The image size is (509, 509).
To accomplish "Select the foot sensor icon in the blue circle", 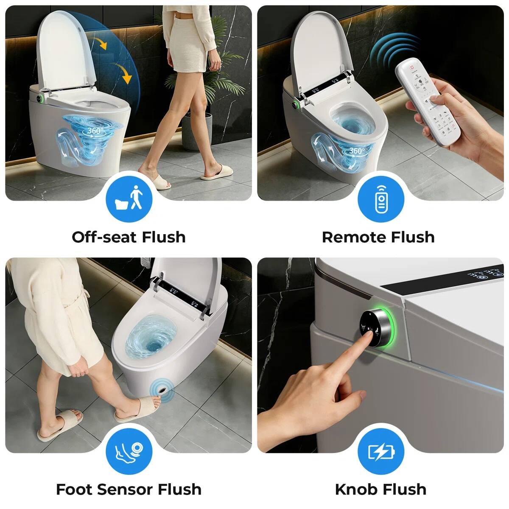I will (129, 451).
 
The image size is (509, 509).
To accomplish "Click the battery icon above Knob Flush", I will (380, 451).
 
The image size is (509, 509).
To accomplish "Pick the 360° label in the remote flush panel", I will (356, 151).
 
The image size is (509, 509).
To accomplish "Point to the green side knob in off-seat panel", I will (39, 98).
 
